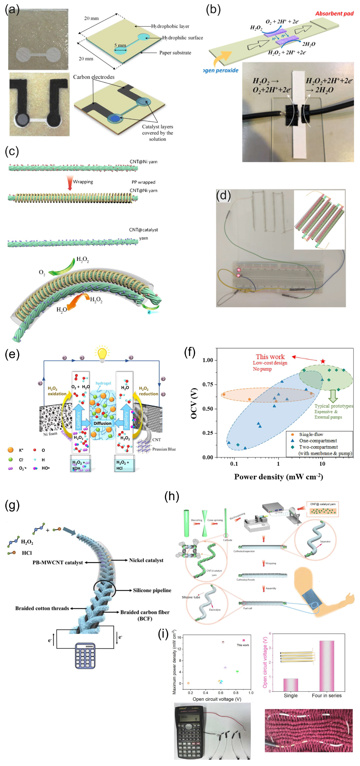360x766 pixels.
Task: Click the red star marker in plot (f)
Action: point(323,361)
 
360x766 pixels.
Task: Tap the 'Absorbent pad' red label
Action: point(334,13)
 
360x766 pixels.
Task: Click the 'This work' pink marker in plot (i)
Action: point(244,640)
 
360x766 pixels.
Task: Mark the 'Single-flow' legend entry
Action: point(311,434)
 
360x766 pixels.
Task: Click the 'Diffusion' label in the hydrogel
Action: point(102,423)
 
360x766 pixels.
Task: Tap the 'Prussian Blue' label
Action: point(164,449)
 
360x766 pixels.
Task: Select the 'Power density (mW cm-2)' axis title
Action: point(278,477)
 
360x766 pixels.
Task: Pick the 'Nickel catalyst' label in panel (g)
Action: point(146,560)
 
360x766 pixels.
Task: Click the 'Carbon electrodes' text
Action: point(94,77)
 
